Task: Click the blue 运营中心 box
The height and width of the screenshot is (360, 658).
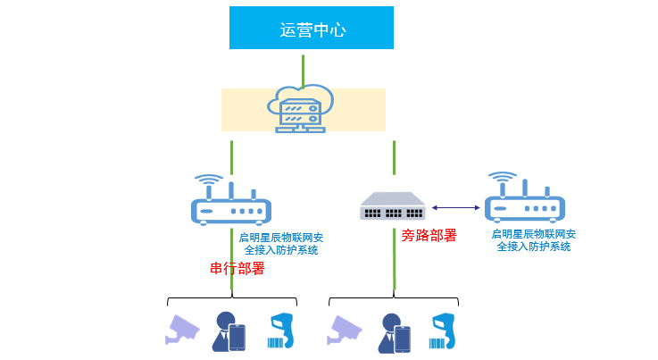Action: [312, 28]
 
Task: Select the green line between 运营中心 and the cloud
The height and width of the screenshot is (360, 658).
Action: [304, 69]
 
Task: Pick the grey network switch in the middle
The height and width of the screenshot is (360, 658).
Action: [394, 207]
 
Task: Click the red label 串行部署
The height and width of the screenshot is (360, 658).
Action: [237, 269]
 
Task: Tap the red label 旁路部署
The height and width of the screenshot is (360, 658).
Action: [429, 236]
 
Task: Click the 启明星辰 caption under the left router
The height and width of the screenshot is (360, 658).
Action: [281, 243]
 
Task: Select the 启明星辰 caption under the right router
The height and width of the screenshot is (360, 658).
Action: [534, 239]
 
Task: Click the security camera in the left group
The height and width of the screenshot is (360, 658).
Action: [184, 329]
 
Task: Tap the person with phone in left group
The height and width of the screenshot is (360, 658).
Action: [229, 331]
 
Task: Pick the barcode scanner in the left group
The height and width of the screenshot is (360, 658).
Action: [280, 331]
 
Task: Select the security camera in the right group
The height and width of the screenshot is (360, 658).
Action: [346, 329]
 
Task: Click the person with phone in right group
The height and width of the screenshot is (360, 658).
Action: [394, 331]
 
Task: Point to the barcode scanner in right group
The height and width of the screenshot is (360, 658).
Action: [444, 331]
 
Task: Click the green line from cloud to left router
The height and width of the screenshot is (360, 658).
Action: [231, 155]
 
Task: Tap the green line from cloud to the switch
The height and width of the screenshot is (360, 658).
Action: [394, 156]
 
